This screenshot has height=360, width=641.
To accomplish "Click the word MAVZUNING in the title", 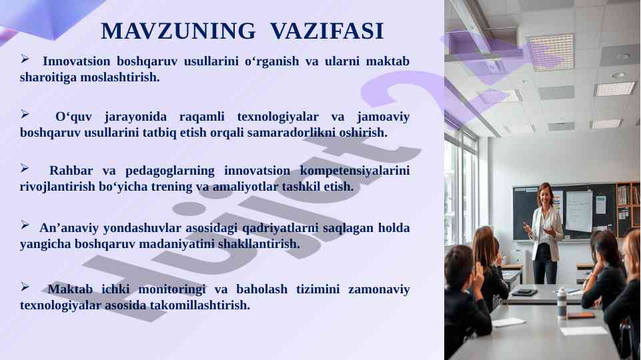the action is [x=178, y=31].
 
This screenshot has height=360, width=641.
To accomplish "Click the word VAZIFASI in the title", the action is [x=327, y=31].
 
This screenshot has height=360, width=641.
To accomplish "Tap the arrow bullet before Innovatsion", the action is [x=25, y=59].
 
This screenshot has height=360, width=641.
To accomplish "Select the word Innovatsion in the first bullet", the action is [x=77, y=61].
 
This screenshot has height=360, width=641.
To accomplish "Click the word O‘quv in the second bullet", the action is [x=73, y=117].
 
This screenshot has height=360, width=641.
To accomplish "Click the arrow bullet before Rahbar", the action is [x=25, y=168].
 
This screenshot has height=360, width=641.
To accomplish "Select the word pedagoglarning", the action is [x=169, y=171].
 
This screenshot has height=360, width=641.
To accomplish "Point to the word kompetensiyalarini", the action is [x=355, y=171].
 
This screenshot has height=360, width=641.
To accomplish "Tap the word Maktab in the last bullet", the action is [x=70, y=289].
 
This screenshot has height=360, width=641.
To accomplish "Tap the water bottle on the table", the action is [x=562, y=303].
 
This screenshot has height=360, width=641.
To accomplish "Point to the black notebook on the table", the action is [x=524, y=292].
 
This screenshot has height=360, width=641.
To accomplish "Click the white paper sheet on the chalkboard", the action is [x=578, y=211].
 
